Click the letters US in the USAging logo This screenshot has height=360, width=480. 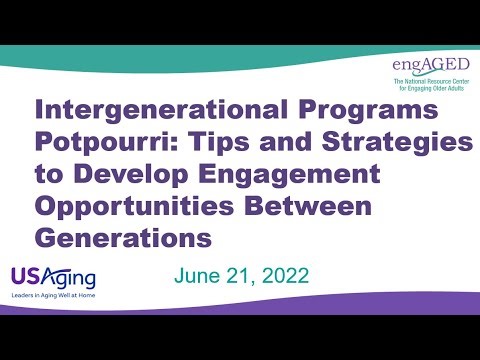tap(25, 275)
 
